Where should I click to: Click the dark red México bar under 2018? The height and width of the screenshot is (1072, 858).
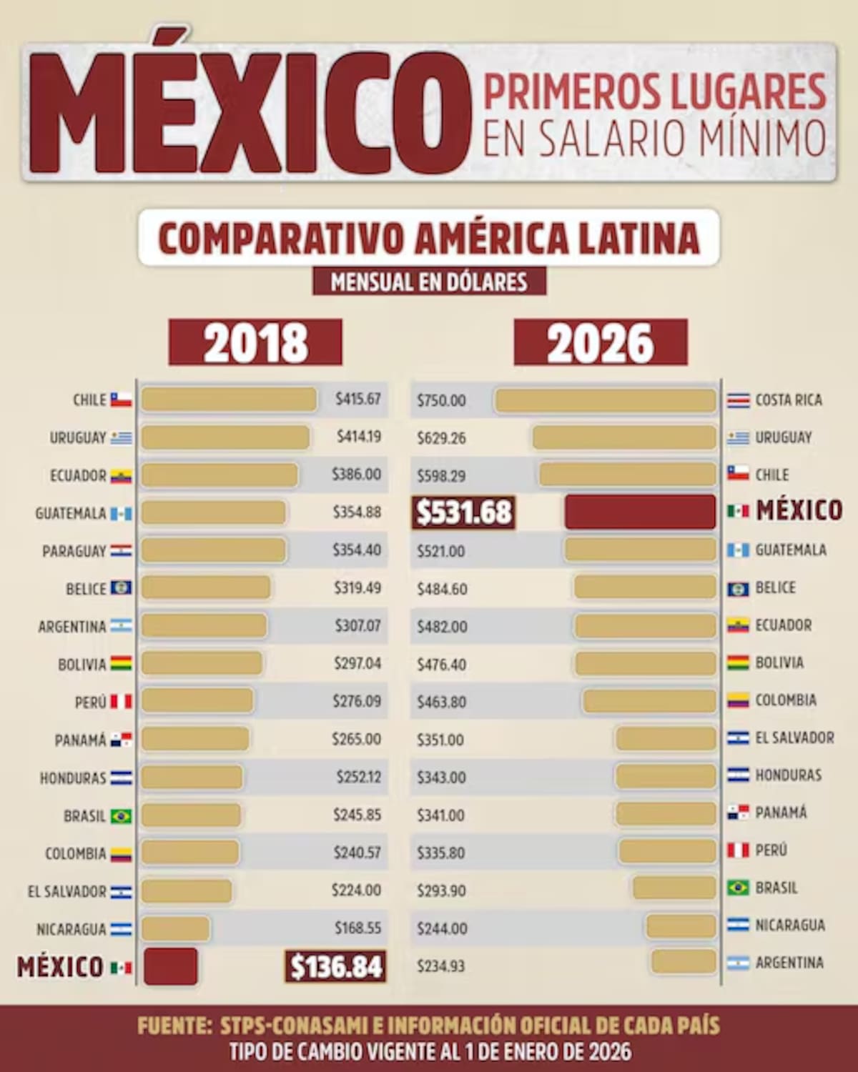tap(170, 966)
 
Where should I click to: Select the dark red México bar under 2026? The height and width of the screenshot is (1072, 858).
tap(640, 512)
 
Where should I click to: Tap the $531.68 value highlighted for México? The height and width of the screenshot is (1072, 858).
tap(464, 512)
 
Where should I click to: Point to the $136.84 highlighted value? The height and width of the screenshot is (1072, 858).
tap(335, 967)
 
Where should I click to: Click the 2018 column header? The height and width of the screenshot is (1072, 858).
tap(255, 343)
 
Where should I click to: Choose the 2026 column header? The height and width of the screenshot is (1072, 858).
tap(601, 343)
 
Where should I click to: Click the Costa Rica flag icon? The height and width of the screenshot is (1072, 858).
tap(738, 400)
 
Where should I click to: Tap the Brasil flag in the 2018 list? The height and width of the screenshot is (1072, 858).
tap(121, 816)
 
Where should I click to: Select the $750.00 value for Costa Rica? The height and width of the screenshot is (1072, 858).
tap(441, 401)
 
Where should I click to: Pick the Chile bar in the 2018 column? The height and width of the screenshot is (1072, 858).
tap(229, 399)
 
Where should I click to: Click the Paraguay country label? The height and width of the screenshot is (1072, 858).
tap(74, 551)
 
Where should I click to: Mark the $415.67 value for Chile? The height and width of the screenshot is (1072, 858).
tap(358, 399)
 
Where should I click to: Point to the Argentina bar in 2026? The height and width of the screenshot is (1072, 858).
tap(684, 962)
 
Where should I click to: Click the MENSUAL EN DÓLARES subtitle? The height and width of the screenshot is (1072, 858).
tap(429, 282)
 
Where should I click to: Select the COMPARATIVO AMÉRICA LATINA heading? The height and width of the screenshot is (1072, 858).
tap(428, 238)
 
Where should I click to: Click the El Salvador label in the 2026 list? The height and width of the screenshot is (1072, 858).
tap(794, 738)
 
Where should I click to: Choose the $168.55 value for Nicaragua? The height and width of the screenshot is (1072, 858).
tap(358, 928)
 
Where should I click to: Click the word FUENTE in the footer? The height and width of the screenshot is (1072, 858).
tap(174, 1026)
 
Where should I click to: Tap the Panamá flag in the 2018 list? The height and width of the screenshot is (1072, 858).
tap(121, 740)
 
